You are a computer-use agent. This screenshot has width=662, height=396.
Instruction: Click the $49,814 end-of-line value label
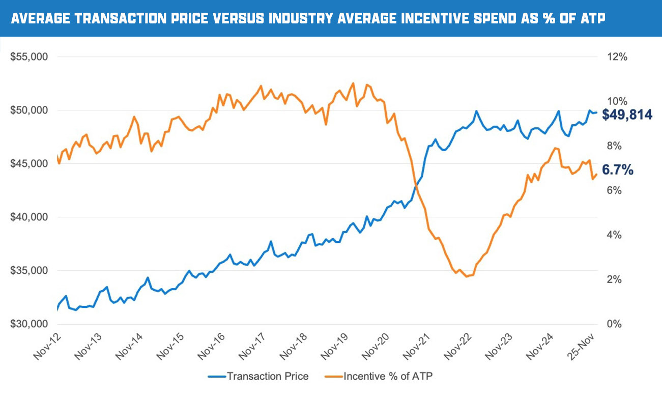627,115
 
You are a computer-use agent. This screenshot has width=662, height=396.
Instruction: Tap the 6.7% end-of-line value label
618,169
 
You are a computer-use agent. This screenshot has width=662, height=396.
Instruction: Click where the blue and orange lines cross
417,186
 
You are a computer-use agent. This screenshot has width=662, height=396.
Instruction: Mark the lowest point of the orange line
467,276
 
